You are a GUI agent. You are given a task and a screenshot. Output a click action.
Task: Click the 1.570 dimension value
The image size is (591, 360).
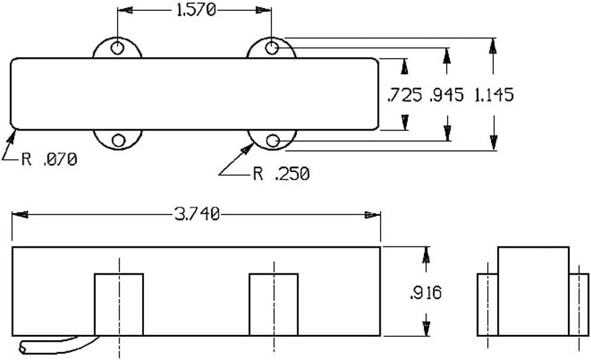196,10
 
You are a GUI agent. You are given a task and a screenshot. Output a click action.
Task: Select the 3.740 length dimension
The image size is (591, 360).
196,215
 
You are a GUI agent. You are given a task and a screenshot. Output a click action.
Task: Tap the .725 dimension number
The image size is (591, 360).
405,95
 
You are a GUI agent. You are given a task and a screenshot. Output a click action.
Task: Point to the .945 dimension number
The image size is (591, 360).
447,95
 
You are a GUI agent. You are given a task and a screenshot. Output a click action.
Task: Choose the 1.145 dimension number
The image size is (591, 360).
494,95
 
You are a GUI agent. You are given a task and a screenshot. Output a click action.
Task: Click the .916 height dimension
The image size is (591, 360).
425,292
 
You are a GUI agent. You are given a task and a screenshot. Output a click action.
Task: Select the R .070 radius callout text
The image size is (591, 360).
49,159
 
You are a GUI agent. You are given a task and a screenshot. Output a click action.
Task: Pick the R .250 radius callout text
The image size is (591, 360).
281,174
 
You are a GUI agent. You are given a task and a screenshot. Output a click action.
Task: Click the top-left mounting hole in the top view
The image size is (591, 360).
118,48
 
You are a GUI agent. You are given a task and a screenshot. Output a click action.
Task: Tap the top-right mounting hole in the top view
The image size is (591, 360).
272,48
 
